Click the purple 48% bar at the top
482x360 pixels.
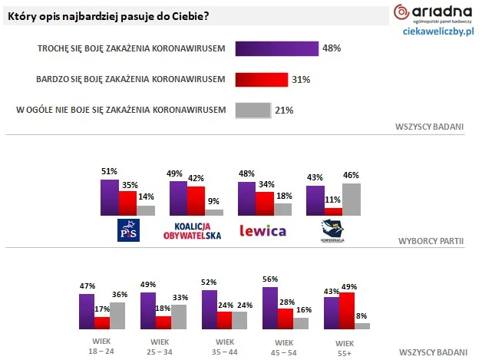pyautogui.click(x=276, y=48)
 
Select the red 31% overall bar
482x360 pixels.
pyautogui.click(x=261, y=79)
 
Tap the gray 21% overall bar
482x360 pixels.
pyautogui.click(x=253, y=110)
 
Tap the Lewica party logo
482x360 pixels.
pyautogui.click(x=262, y=230)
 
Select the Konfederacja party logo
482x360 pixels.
pyautogui.click(x=333, y=230)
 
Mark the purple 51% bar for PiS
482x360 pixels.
pyautogui.click(x=110, y=197)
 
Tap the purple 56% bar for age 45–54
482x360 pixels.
pyautogui.click(x=270, y=308)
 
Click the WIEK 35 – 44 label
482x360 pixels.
pyautogui.click(x=224, y=346)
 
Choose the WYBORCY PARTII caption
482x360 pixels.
pyautogui.click(x=431, y=240)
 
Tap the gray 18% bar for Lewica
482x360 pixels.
pyautogui.click(x=282, y=209)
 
